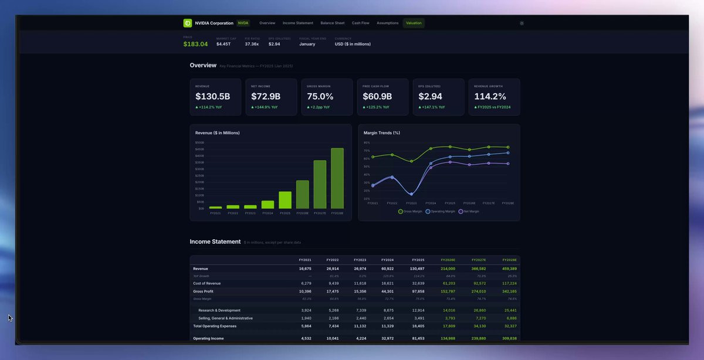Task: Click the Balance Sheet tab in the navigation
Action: (332, 23)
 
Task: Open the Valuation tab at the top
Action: (414, 23)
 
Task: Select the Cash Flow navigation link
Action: (360, 23)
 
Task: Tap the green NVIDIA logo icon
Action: (188, 23)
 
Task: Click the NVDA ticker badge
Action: (243, 23)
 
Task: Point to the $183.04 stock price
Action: (195, 44)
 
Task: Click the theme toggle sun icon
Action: (522, 23)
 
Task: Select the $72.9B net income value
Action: (266, 96)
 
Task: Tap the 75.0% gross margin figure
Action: (320, 96)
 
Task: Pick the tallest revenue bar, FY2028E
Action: (337, 178)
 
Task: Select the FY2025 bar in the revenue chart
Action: (285, 200)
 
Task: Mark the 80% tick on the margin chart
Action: (367, 142)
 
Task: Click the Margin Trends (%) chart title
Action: (382, 133)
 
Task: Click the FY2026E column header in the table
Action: (448, 260)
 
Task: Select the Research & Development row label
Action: (219, 310)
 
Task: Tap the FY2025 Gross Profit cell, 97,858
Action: (418, 291)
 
